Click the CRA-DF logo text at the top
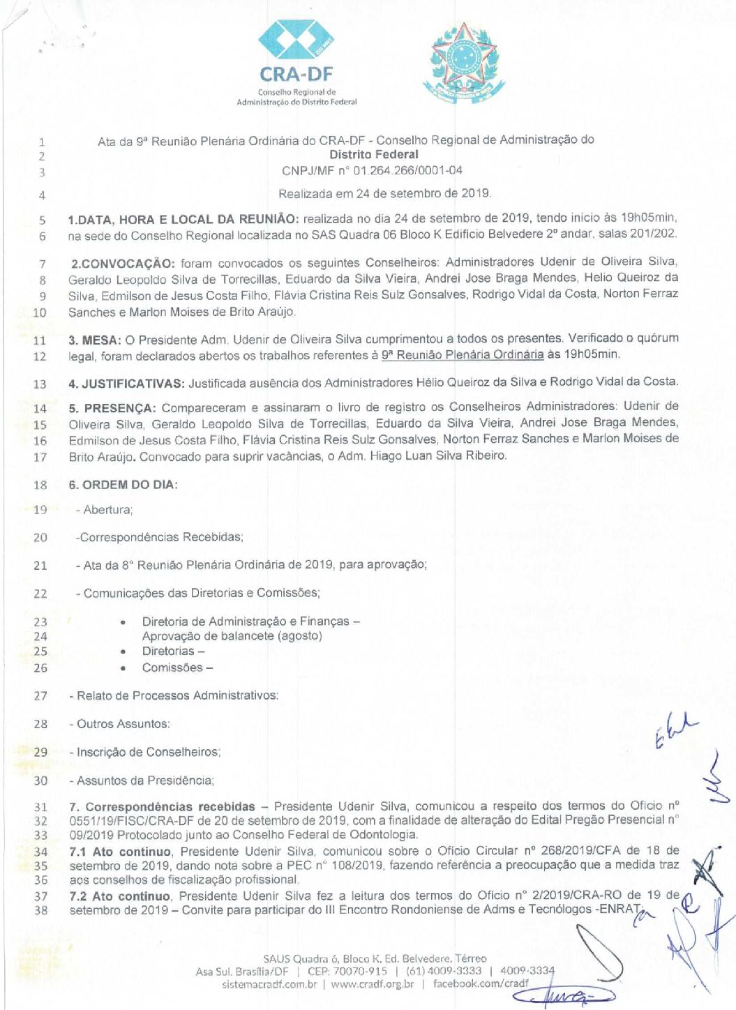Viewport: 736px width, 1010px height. [296, 74]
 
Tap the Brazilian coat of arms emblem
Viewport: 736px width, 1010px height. [463, 63]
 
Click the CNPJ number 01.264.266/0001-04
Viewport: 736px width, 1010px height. [407, 170]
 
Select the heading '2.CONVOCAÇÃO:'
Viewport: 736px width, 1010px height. [123, 264]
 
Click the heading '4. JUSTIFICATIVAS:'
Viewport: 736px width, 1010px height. [126, 383]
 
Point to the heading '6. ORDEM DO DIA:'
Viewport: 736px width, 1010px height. [123, 485]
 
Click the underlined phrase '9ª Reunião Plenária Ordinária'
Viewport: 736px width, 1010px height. [463, 354]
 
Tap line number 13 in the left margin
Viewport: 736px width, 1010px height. [40, 384]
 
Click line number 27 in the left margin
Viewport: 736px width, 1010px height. [40, 695]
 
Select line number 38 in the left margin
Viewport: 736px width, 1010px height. [40, 910]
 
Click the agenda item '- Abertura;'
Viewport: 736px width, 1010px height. [104, 510]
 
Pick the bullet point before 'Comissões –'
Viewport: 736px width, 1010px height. [123, 668]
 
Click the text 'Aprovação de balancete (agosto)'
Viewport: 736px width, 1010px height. [232, 636]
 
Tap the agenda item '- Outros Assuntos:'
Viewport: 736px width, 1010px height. [119, 724]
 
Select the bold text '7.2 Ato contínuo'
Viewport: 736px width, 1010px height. [119, 896]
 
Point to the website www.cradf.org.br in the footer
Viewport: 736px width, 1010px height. [373, 984]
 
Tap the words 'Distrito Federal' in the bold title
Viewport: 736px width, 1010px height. [374, 155]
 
